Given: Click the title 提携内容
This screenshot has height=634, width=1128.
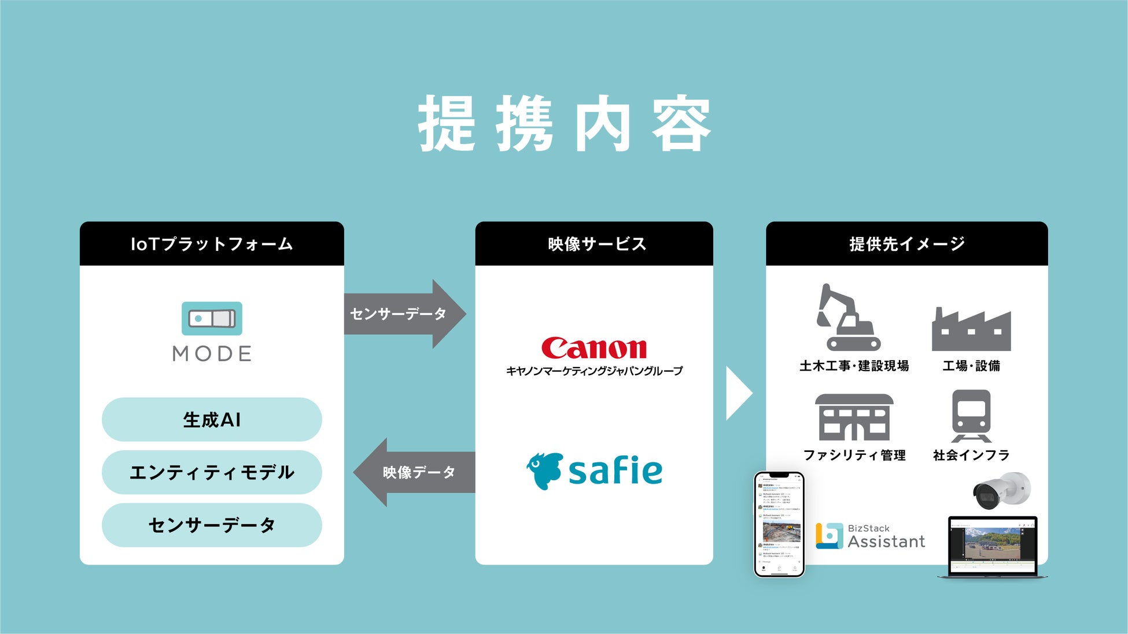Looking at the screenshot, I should pos(564,124).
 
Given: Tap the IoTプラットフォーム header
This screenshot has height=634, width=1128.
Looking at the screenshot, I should pos(212,244).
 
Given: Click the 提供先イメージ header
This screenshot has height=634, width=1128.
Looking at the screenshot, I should pos(906,244).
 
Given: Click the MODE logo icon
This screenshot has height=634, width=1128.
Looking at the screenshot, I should pos(212,318).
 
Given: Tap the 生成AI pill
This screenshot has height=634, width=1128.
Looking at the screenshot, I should pos(212,420).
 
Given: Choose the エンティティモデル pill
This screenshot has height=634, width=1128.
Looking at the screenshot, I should pos(212,472).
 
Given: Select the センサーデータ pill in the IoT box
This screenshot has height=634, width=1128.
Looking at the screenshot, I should pos(212,525).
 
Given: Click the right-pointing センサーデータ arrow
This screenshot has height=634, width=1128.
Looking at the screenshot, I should pos(405,314).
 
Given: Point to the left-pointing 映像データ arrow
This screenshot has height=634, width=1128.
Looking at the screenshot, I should pos(414,472).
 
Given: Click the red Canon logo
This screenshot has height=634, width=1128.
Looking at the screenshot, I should pos(594,348).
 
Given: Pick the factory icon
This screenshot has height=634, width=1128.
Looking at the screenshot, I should pos(971,330).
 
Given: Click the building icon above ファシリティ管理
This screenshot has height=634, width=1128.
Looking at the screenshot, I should pos(854,417).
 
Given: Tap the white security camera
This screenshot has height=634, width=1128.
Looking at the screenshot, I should pos(1002,490).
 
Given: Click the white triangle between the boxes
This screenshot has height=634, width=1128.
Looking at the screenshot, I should pos(738,393).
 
